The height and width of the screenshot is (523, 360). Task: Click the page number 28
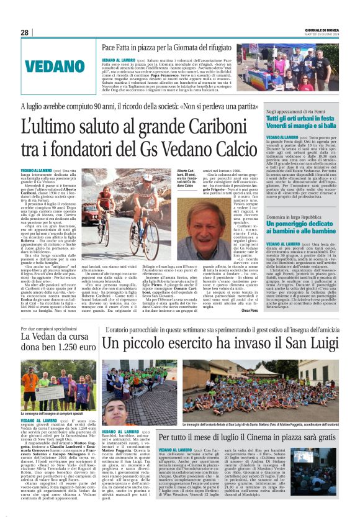(24, 32)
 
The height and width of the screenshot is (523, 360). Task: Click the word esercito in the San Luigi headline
(190, 343)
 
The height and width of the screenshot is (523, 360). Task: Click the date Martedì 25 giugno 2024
(328, 35)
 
